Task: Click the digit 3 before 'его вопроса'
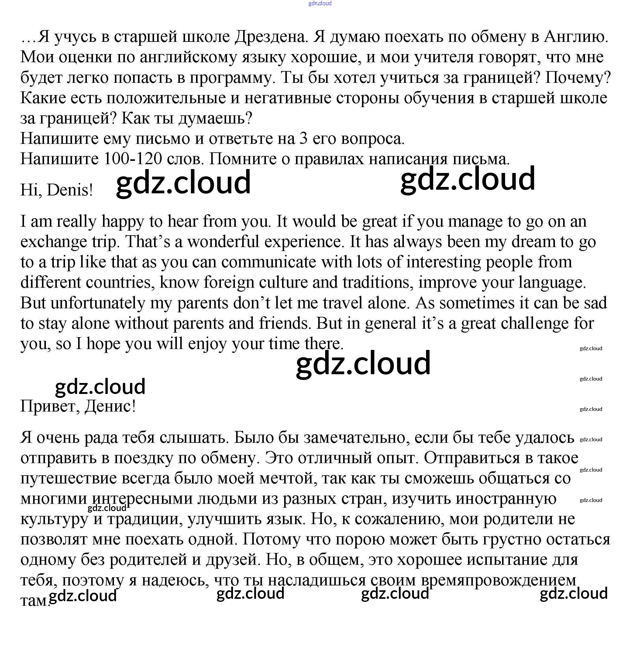point(303,139)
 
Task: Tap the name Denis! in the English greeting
point(70,190)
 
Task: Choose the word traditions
point(378,283)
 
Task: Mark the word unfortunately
point(98,303)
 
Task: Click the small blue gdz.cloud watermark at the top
point(320,3)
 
